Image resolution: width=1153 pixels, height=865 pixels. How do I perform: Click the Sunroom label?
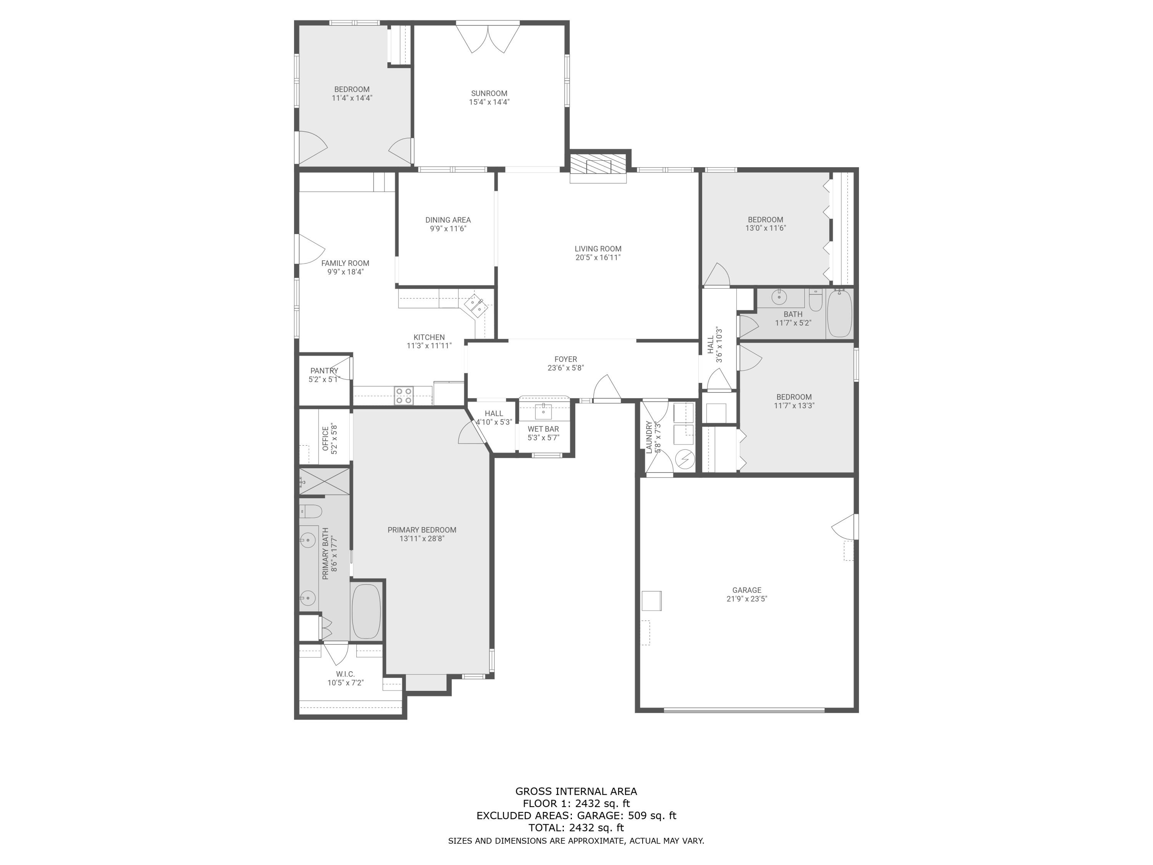click(x=489, y=93)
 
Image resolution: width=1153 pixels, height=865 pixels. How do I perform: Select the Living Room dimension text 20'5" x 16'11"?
click(x=598, y=258)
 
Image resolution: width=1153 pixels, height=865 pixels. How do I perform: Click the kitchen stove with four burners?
click(x=404, y=395)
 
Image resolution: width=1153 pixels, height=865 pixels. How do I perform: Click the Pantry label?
click(x=324, y=371)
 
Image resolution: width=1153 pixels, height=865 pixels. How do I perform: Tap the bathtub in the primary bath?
click(x=366, y=611)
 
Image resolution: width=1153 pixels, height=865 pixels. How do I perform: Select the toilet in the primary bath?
click(x=311, y=511)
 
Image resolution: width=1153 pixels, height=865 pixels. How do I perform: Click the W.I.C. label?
click(x=345, y=674)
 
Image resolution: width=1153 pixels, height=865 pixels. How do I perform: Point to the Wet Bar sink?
click(x=543, y=411)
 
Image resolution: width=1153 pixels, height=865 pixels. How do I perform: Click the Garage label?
click(x=746, y=590)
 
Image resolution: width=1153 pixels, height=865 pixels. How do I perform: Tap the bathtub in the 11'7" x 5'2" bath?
click(x=839, y=313)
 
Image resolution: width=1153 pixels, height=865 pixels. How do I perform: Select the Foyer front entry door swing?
click(x=607, y=388)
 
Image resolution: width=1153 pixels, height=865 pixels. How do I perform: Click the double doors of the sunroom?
click(x=488, y=38)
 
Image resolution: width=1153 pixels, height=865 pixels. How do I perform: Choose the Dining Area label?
click(x=448, y=220)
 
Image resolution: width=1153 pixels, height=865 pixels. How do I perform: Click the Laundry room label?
click(x=650, y=437)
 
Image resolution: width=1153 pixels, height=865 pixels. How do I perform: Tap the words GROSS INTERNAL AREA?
click(x=576, y=792)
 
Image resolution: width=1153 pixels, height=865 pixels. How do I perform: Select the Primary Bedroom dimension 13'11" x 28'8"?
click(x=422, y=539)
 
